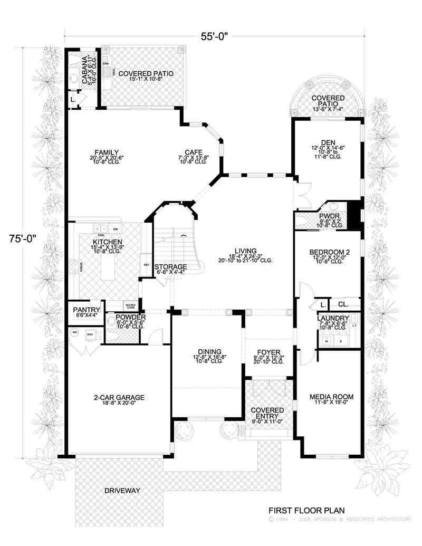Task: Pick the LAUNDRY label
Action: point(333,318)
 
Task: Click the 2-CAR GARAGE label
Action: point(119,397)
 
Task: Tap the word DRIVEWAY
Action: point(122,490)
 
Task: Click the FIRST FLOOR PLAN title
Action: point(306,510)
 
